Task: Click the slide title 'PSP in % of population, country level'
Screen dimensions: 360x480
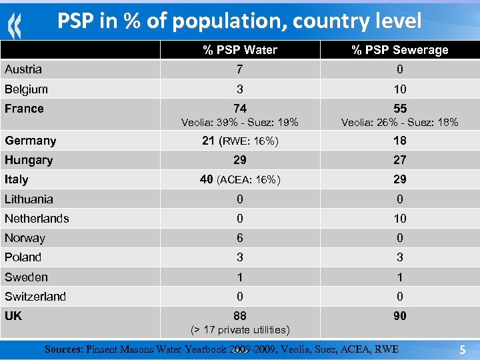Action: coord(239,21)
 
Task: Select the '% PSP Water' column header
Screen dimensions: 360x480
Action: coord(240,50)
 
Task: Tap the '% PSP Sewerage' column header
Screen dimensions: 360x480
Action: coord(399,50)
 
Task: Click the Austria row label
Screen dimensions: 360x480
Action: coord(23,69)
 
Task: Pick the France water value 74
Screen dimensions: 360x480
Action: coord(240,109)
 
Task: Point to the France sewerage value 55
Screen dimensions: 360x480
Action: coord(399,109)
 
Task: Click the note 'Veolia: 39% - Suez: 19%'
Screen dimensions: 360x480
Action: coord(240,123)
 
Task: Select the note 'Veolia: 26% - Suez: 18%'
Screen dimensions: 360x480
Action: coord(399,123)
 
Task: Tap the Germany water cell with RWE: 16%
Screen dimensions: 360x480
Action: coord(240,141)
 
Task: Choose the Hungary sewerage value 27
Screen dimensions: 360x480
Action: coord(399,160)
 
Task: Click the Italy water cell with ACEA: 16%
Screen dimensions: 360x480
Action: coord(240,179)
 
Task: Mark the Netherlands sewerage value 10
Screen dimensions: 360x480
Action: coord(399,219)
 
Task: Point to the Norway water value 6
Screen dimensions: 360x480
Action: coord(240,238)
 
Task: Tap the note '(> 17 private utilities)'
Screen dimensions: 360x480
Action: coord(240,330)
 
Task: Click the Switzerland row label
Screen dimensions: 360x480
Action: coord(35,297)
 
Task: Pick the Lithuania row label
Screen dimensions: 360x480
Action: coord(29,199)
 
